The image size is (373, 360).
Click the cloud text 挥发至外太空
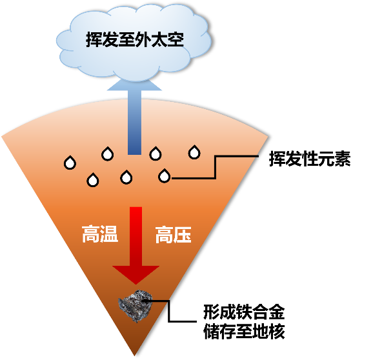click(135, 39)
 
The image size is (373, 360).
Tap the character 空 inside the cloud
click(176, 39)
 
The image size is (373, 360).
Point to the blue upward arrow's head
click(135, 85)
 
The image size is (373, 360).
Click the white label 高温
click(100, 234)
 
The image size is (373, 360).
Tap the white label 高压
click(174, 235)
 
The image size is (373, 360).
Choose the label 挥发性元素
click(310, 159)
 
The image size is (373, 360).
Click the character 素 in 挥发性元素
click(343, 159)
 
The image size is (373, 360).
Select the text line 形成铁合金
click(244, 312)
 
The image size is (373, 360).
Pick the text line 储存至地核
click(244, 331)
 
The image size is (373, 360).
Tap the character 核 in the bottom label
click(277, 331)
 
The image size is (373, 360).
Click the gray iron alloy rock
click(136, 306)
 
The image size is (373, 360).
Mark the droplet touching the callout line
click(165, 176)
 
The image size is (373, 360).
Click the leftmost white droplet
click(70, 163)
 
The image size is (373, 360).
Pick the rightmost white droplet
click(194, 152)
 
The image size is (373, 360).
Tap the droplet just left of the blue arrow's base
click(108, 154)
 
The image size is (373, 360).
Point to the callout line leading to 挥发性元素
click(215, 167)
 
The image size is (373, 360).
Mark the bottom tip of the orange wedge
click(134, 355)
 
